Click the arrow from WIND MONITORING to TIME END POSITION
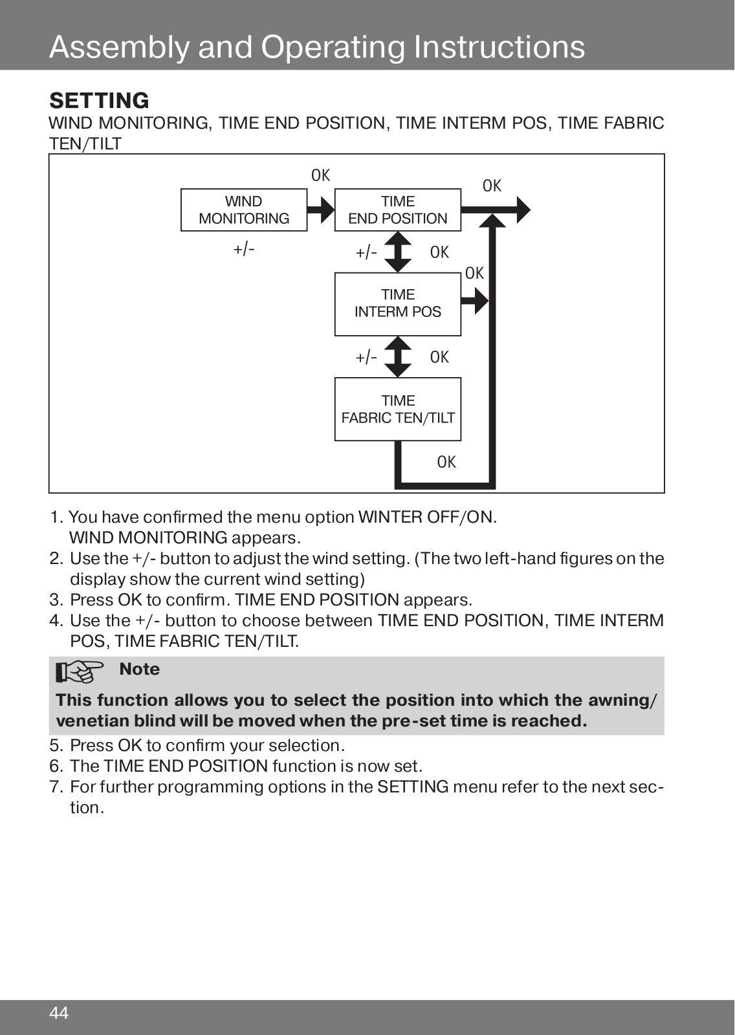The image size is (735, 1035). click(321, 210)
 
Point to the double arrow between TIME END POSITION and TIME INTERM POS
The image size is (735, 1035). click(397, 252)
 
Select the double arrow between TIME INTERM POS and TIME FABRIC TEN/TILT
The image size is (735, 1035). click(397, 356)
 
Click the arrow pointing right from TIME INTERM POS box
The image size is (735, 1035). click(475, 301)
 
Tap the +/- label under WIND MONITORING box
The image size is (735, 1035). click(244, 250)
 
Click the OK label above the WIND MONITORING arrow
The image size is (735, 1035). click(321, 175)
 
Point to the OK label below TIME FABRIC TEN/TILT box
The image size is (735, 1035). click(446, 462)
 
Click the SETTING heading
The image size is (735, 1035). click(100, 100)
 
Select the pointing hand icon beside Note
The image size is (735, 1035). click(79, 671)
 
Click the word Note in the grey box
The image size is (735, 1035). click(140, 669)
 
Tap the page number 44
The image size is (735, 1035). click(59, 1013)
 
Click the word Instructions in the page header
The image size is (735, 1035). click(499, 47)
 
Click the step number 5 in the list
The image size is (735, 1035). click(55, 746)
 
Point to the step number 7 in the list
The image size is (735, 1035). click(55, 787)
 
